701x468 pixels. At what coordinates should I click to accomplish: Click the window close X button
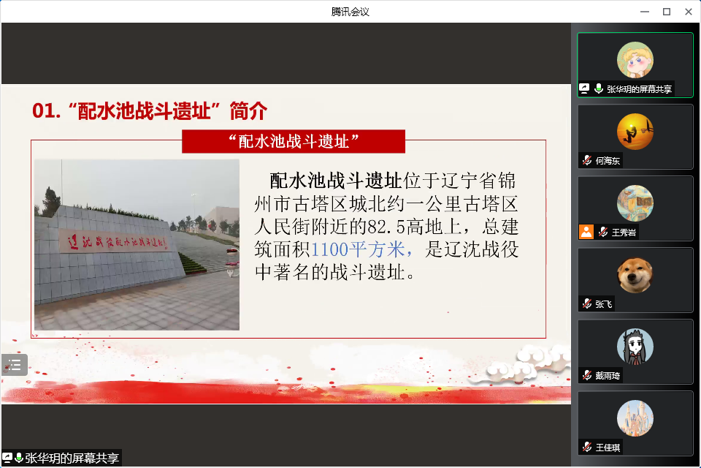689,12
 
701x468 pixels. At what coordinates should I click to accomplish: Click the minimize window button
645,12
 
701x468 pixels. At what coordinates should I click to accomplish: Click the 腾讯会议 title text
350,12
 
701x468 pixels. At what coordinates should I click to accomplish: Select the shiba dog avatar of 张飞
635,275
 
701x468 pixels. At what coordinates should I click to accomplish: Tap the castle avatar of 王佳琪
635,418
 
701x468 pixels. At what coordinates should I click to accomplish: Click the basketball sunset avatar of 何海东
635,132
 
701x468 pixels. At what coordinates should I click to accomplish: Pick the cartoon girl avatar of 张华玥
635,60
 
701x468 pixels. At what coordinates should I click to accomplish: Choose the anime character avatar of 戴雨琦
635,347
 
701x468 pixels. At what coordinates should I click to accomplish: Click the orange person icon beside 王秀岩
586,232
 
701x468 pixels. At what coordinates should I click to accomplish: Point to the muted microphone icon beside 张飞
587,303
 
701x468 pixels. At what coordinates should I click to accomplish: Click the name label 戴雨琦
608,376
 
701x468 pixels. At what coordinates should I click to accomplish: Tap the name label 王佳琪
608,448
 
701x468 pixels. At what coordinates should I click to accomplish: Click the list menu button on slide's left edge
15,365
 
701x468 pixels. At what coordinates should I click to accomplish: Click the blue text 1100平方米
358,249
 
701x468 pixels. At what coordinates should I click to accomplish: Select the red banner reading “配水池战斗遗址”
294,142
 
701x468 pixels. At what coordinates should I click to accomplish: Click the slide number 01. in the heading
46,110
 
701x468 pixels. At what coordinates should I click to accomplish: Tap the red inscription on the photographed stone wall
117,242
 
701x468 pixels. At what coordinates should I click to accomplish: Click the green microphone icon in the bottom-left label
19,458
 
